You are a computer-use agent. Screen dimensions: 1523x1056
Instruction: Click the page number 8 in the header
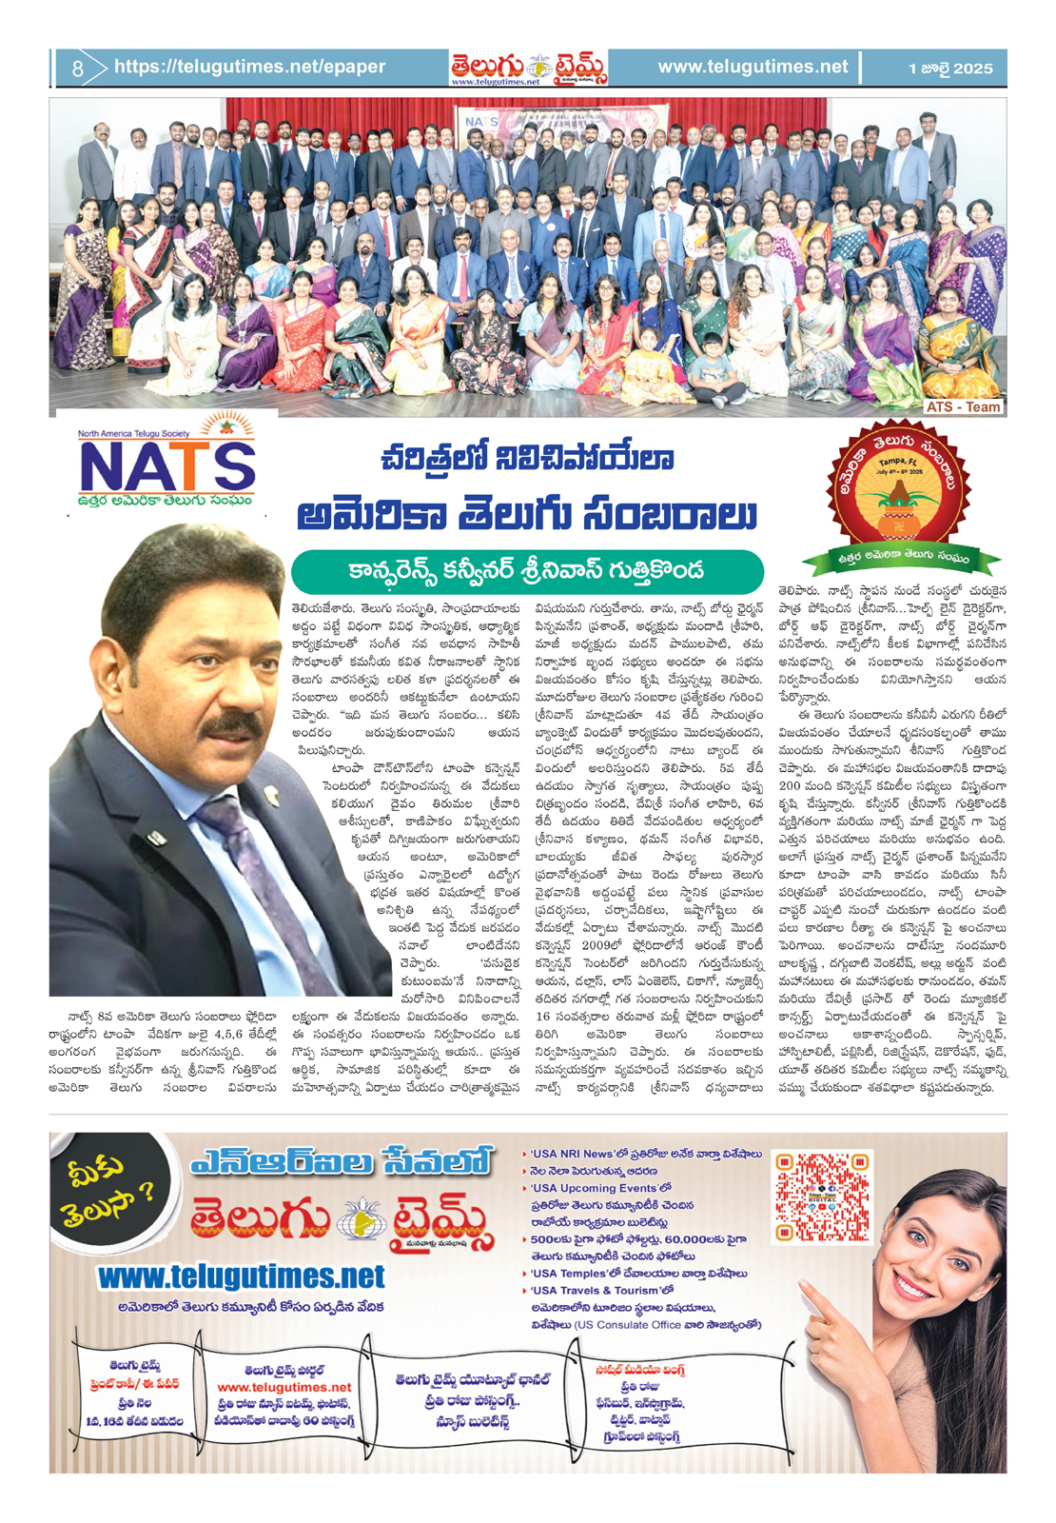(77, 69)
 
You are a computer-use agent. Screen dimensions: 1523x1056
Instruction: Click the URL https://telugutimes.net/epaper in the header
(249, 67)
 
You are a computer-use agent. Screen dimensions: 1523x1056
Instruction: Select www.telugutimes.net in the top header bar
(752, 67)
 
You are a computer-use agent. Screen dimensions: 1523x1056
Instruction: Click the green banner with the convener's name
(527, 571)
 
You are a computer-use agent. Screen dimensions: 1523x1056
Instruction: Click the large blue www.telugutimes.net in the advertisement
(242, 1276)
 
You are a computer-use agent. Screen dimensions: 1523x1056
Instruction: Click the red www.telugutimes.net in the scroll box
(284, 1388)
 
